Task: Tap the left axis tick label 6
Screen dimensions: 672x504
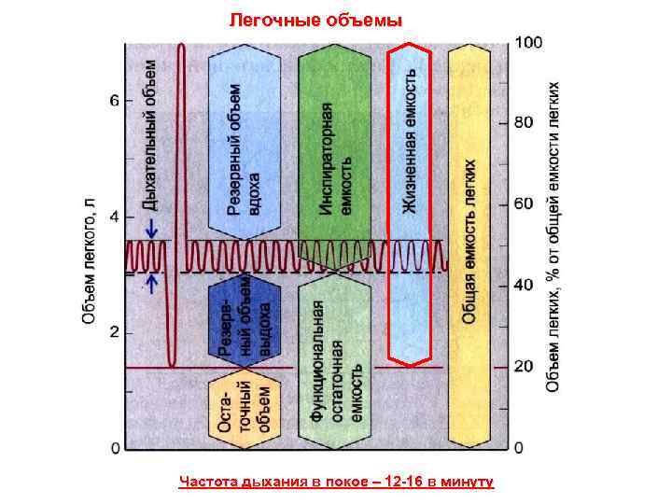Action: coord(114,101)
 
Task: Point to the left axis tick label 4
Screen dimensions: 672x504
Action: coord(114,217)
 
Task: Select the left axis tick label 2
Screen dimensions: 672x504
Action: coord(114,332)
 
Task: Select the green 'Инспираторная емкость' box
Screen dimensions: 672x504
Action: coord(335,145)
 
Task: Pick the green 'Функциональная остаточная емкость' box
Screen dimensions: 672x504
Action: coord(335,364)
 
